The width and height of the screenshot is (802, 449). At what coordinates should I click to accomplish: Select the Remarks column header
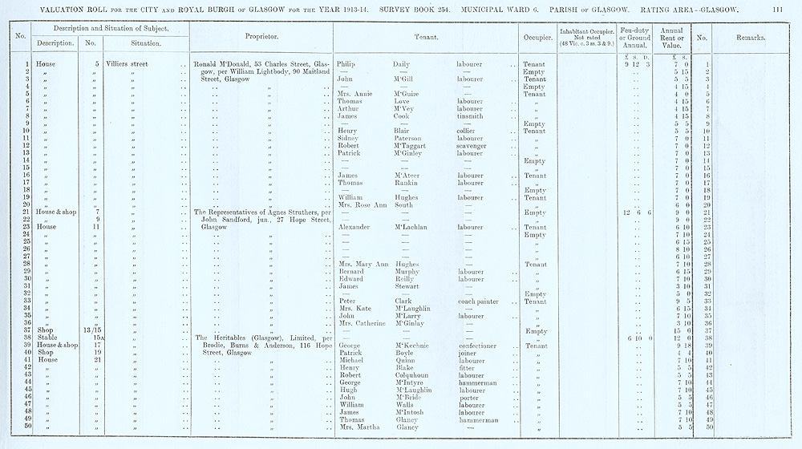[750, 38]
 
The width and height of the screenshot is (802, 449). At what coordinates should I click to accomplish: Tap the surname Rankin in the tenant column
[407, 183]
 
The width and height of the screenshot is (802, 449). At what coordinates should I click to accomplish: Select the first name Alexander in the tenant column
[354, 227]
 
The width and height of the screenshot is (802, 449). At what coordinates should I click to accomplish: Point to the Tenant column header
[425, 38]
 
